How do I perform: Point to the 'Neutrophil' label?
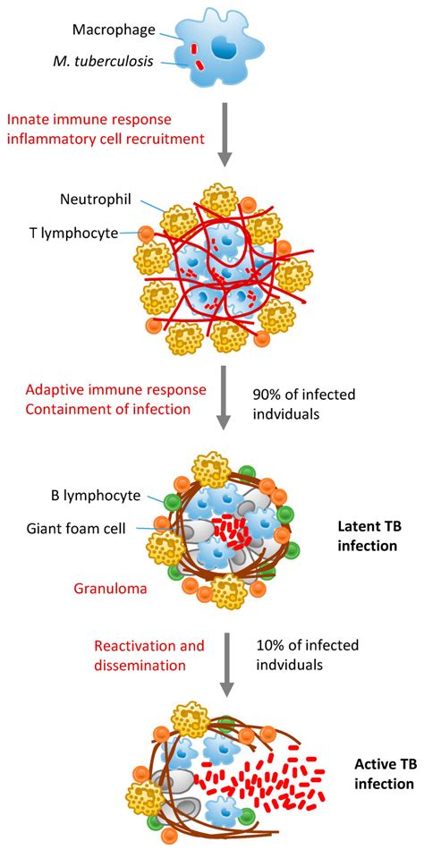pyautogui.click(x=116, y=197)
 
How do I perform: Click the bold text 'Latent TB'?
pyautogui.click(x=368, y=527)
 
